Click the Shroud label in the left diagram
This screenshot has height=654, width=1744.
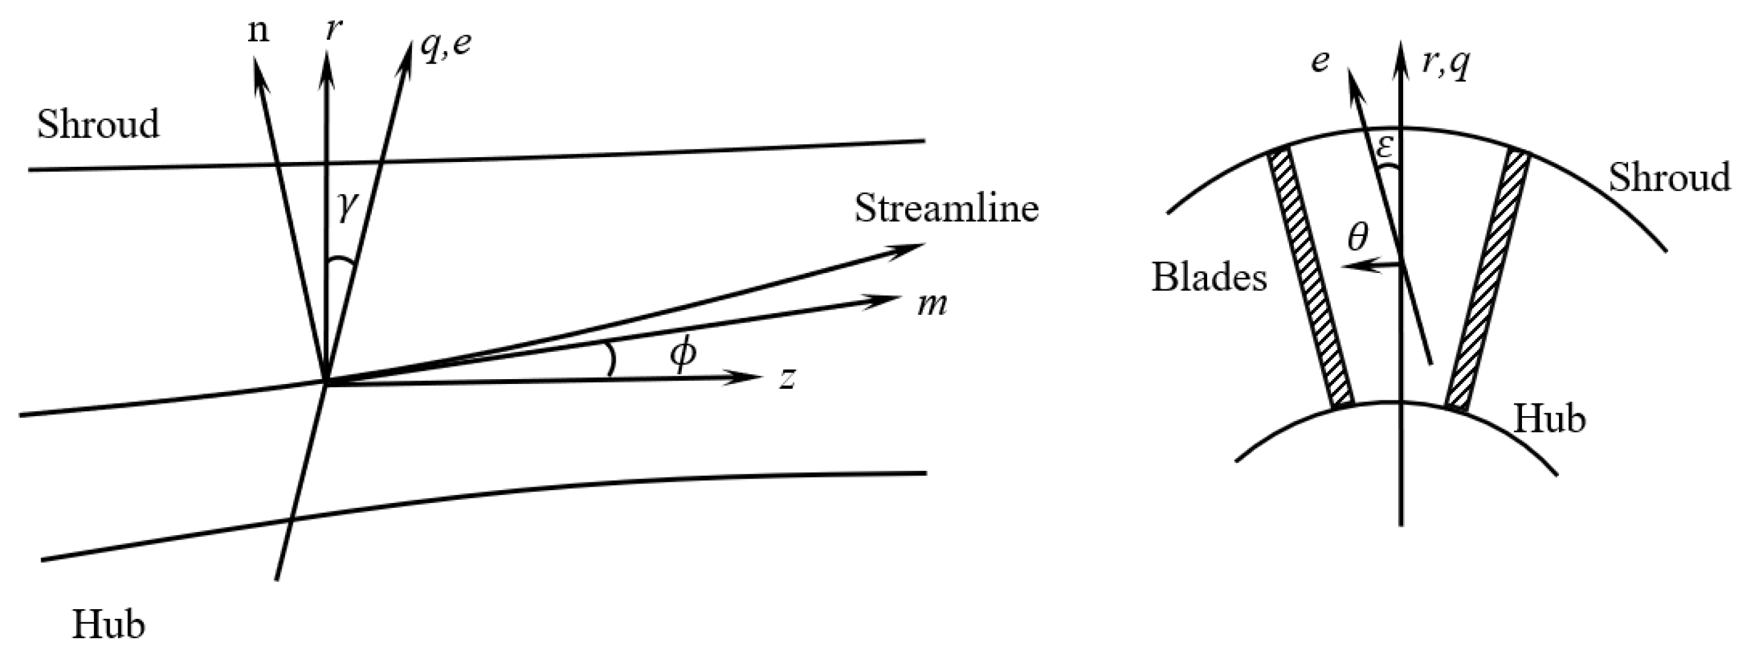(x=98, y=124)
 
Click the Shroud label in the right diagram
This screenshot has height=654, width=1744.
(x=1669, y=178)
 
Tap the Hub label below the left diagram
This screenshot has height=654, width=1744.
(x=109, y=624)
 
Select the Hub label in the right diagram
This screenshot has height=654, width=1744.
(x=1550, y=419)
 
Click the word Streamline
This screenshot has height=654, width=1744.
(x=946, y=209)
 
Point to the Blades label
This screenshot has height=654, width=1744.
(x=1209, y=278)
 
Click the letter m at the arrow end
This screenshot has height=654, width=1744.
(x=932, y=305)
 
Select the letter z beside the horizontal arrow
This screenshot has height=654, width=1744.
(x=786, y=379)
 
